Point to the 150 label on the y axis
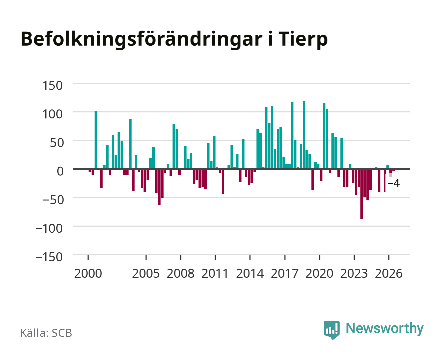pyautogui.click(x=52, y=86)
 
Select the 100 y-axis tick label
pyautogui.click(x=52, y=114)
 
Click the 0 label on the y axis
pyautogui.click(x=60, y=171)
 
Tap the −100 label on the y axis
pyautogui.click(x=49, y=228)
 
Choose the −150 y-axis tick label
pyautogui.click(x=49, y=257)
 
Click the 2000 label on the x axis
pyautogui.click(x=88, y=273)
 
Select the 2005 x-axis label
pyautogui.click(x=146, y=273)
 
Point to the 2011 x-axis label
pyautogui.click(x=215, y=273)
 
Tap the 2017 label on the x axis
pyautogui.click(x=284, y=273)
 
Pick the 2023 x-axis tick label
pyautogui.click(x=354, y=273)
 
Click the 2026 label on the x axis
pyautogui.click(x=389, y=273)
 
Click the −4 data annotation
pyautogui.click(x=394, y=183)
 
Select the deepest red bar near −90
pyautogui.click(x=362, y=194)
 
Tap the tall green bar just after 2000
pyautogui.click(x=96, y=140)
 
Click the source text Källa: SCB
pyautogui.click(x=46, y=333)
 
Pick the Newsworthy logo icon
pyautogui.click(x=331, y=330)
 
